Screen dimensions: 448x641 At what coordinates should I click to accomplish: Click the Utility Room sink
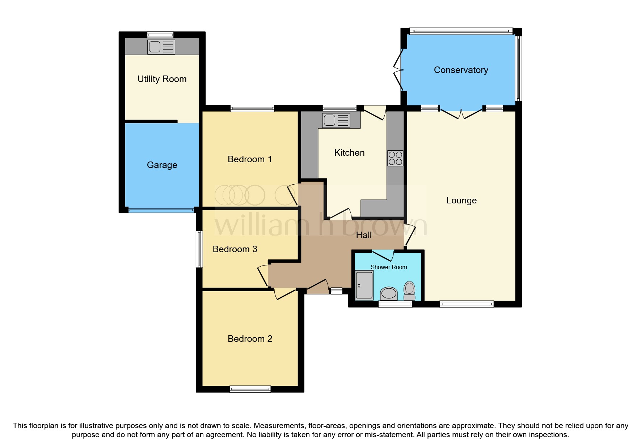(161, 47)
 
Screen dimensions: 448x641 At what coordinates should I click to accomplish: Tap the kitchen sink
(336, 120)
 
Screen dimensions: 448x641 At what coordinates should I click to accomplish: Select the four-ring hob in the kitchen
(395, 158)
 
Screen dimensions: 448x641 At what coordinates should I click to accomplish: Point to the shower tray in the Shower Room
(364, 285)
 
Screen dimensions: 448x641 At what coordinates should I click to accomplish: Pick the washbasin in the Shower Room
(389, 293)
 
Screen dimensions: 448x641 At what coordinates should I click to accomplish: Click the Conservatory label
(461, 70)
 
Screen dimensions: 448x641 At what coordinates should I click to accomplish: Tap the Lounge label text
(461, 201)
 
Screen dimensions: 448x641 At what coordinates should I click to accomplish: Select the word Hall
(364, 235)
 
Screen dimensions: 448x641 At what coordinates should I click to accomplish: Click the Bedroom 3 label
(235, 249)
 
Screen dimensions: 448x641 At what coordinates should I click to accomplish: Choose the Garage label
(162, 165)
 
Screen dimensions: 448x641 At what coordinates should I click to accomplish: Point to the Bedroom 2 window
(250, 389)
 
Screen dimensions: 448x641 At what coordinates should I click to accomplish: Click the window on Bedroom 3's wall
(199, 249)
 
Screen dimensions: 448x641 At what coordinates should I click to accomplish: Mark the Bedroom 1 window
(252, 108)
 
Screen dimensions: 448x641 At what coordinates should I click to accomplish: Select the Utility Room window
(160, 35)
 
